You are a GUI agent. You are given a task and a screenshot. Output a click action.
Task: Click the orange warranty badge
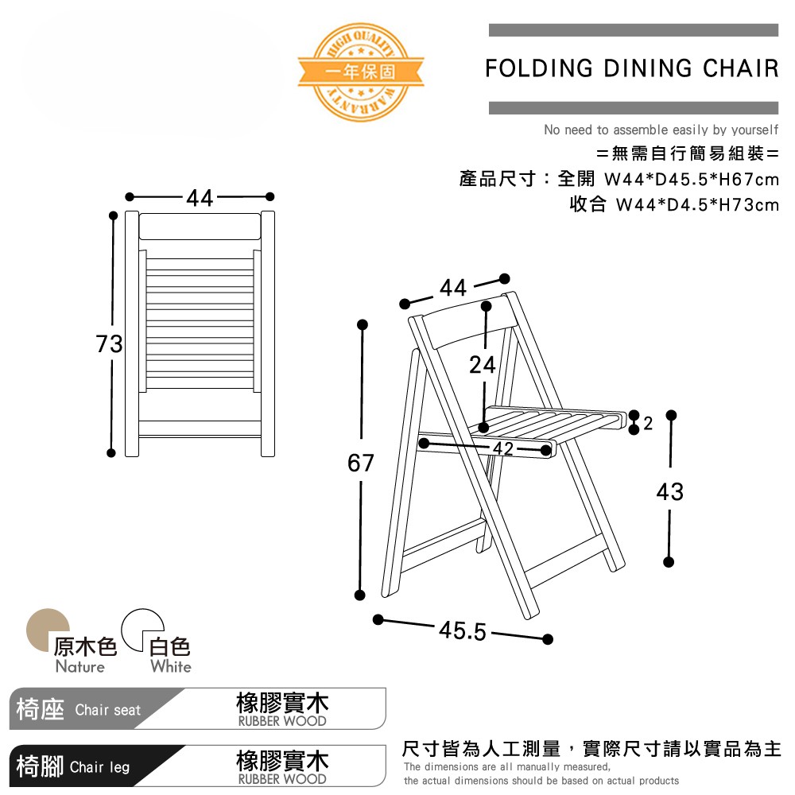359,70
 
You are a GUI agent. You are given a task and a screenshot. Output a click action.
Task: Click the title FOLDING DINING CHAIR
632,68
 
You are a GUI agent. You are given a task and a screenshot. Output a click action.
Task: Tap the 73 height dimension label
109,344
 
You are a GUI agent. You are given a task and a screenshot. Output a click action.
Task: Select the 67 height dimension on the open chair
360,463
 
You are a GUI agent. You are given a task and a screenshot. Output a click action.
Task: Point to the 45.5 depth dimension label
463,631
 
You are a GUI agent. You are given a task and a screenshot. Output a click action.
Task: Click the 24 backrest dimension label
483,365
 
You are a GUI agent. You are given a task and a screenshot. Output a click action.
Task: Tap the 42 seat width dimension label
502,448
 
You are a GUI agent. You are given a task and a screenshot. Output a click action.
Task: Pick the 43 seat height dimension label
670,492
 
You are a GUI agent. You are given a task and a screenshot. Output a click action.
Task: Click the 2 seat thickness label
648,424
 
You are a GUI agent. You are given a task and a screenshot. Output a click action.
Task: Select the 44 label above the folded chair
200,198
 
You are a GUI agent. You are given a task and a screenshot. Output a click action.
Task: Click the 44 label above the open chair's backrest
453,289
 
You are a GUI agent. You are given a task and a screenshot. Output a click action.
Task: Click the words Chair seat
107,710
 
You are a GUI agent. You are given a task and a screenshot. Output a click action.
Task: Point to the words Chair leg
99,767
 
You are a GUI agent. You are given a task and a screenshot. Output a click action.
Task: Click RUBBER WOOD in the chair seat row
282,722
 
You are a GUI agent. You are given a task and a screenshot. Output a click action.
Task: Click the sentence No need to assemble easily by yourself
661,130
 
